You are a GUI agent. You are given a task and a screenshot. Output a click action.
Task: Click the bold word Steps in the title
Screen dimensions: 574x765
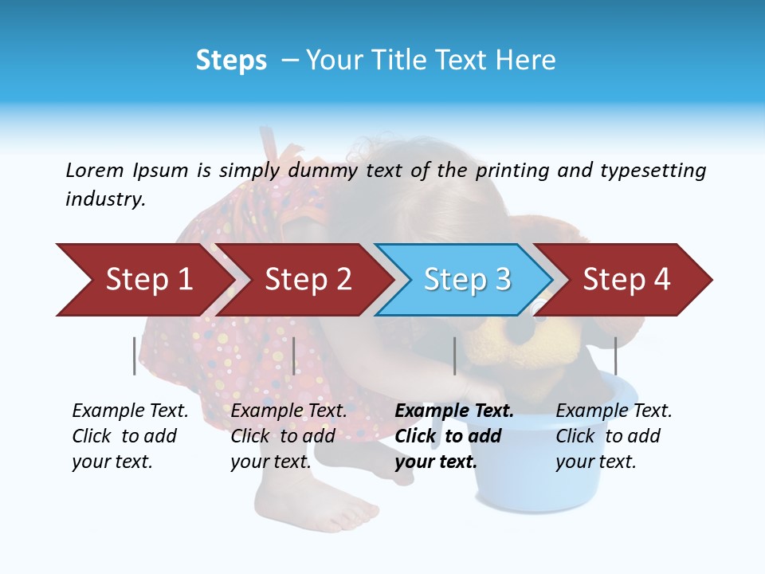tap(231, 61)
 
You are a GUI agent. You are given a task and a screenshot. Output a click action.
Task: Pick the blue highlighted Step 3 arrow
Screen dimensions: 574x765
tap(467, 280)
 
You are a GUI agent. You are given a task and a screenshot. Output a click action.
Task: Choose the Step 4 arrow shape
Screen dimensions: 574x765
tap(626, 280)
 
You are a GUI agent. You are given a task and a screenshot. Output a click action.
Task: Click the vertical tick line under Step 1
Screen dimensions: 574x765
tap(134, 356)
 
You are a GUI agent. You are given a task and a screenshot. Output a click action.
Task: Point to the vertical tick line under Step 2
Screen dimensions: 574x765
tap(294, 356)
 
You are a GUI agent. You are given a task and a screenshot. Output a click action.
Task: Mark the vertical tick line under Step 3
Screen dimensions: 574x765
tap(454, 356)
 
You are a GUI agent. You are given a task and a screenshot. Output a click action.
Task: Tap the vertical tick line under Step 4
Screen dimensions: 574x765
tap(615, 356)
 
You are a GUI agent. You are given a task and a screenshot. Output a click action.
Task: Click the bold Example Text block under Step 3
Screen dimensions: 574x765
tap(454, 436)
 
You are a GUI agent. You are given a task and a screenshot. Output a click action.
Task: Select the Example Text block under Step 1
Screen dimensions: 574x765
tap(130, 436)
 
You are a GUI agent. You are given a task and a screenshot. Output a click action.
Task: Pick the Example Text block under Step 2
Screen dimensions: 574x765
tap(288, 436)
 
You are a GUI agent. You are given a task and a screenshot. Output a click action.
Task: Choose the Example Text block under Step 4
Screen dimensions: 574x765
tap(614, 436)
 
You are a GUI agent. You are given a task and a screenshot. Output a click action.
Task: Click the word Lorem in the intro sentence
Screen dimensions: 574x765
tap(95, 170)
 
